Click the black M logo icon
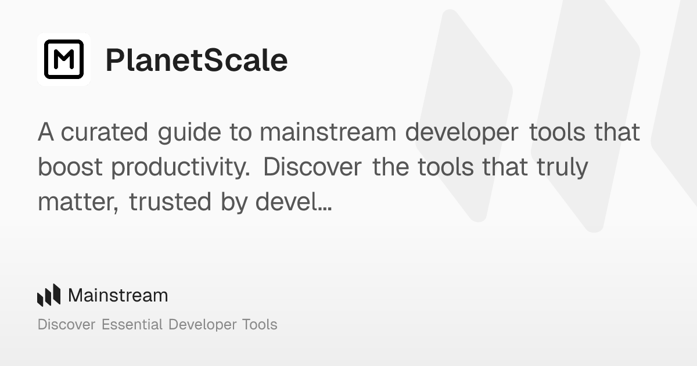[x=64, y=59]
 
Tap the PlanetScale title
[x=196, y=60]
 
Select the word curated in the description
[x=105, y=132]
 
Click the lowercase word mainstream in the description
[x=328, y=132]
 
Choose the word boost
[x=70, y=167]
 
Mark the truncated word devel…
[x=294, y=202]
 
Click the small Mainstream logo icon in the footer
[x=49, y=295]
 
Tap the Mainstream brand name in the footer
[x=118, y=295]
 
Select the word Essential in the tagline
[x=132, y=324]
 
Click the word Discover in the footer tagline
[x=66, y=324]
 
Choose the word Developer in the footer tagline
[x=200, y=325]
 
